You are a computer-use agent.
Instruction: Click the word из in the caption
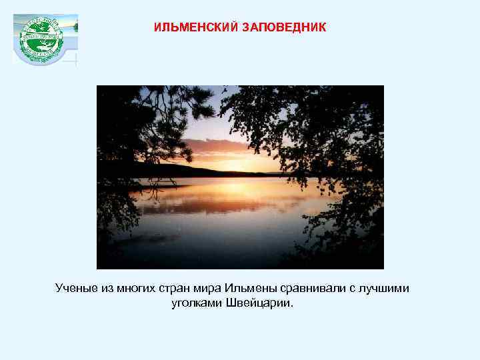coord(107,288)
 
